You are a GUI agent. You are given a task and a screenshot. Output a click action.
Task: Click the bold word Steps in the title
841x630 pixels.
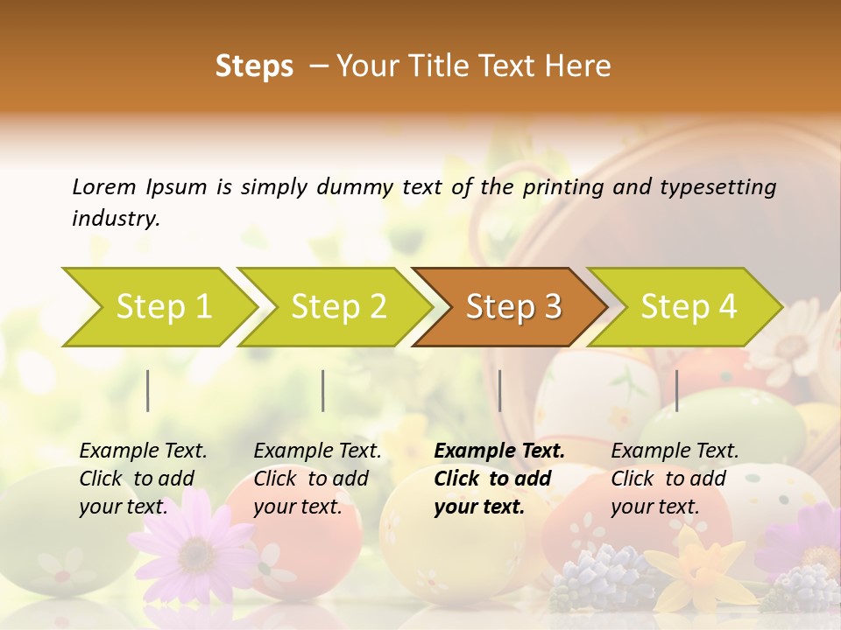[254, 66]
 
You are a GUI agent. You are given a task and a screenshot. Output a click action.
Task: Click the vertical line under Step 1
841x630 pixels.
[148, 390]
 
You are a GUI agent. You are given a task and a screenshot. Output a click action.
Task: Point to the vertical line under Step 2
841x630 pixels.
[323, 390]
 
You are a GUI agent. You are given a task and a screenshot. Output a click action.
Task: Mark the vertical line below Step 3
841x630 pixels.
[500, 390]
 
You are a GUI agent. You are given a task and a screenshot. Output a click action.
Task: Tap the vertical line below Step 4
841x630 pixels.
[677, 390]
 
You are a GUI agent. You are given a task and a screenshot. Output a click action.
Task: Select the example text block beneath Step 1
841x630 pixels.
[143, 479]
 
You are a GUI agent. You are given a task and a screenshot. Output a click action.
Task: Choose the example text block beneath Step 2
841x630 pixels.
[317, 479]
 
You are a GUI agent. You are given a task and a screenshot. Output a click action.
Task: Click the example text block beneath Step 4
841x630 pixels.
[675, 479]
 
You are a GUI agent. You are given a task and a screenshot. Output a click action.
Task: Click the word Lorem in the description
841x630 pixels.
[104, 186]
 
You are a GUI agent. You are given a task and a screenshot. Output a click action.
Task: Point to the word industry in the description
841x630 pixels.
[115, 219]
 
